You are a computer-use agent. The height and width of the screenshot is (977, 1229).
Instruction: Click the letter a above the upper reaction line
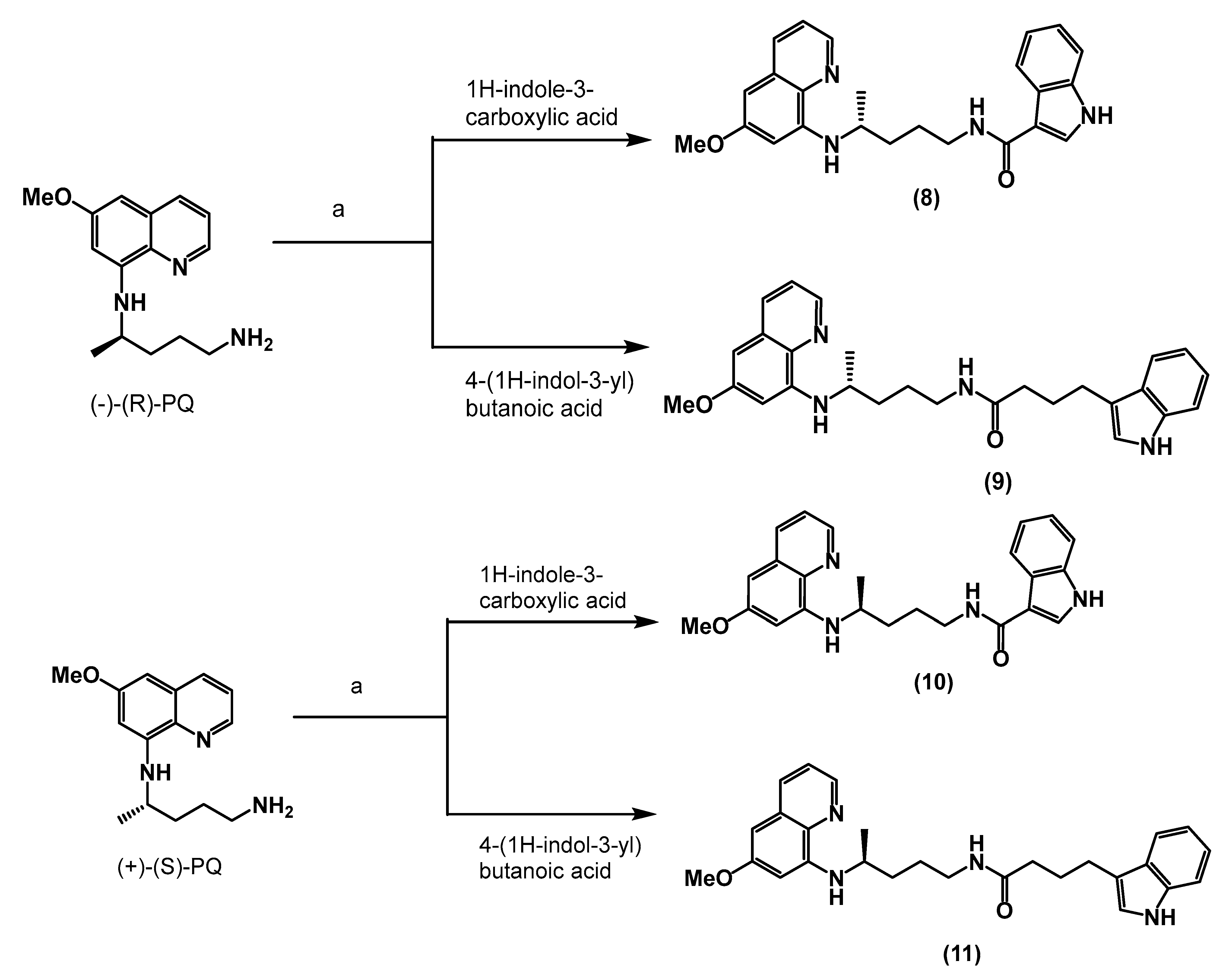338,210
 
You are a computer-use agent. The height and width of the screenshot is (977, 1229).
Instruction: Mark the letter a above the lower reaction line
356,686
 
